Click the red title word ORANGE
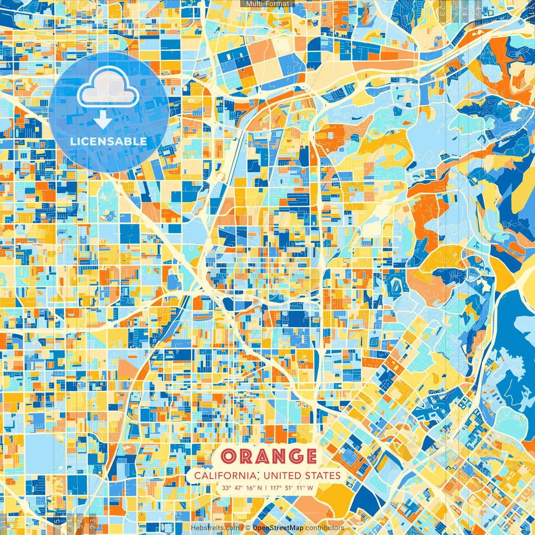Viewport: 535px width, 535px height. [x=268, y=456]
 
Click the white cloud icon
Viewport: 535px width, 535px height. [x=108, y=88]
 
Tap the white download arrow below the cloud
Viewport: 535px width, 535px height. [x=102, y=120]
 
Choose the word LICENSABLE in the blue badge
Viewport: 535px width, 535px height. [x=109, y=141]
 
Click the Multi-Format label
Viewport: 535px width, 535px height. [x=267, y=4]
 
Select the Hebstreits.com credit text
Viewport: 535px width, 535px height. [x=215, y=528]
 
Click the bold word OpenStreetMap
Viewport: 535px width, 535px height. [x=278, y=528]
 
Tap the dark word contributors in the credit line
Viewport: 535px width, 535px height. [x=325, y=528]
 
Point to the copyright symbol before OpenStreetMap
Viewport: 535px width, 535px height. [x=248, y=528]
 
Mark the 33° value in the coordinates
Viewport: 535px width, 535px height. [x=227, y=488]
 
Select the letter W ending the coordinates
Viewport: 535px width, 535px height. [x=310, y=488]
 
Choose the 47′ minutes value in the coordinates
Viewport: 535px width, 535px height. [x=239, y=488]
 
